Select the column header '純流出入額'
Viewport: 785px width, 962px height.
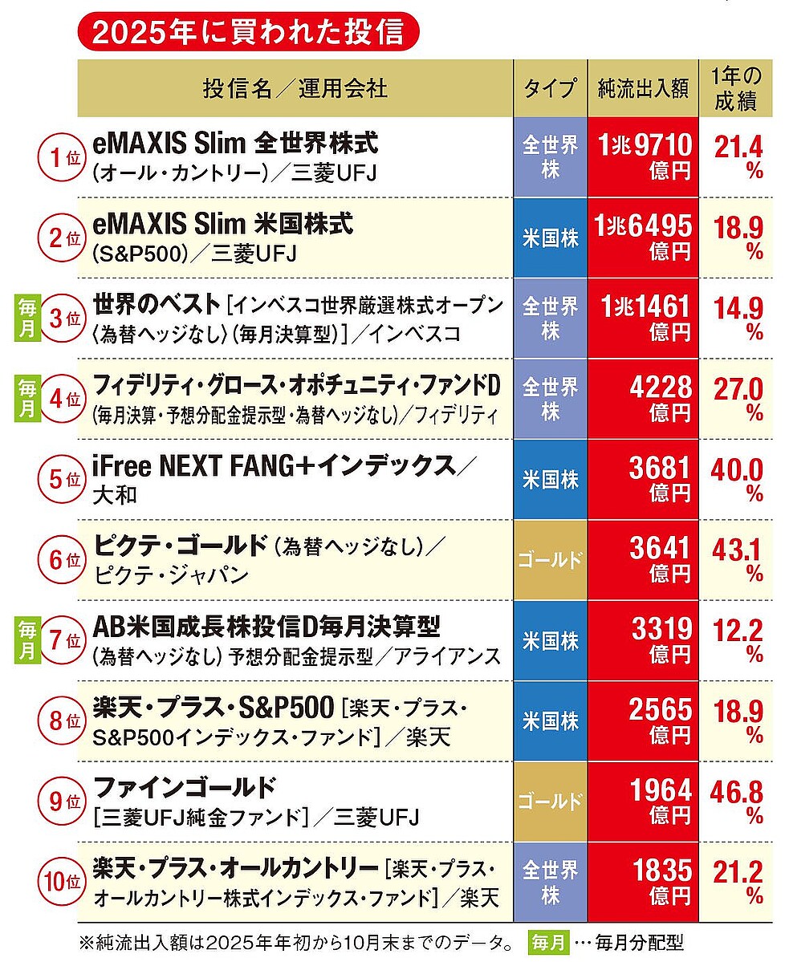[x=643, y=88]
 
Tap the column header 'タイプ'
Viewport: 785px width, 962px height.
[x=550, y=88]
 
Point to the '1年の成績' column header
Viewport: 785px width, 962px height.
[x=737, y=88]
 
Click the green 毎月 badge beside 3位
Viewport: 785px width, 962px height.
[x=27, y=319]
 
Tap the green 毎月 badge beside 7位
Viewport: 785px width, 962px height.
[x=27, y=640]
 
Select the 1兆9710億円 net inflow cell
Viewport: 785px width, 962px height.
[x=643, y=157]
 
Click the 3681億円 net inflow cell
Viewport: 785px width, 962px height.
[x=643, y=479]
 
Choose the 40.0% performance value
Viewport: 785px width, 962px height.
[x=737, y=479]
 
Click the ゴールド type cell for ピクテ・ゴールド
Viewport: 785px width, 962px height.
[x=550, y=560]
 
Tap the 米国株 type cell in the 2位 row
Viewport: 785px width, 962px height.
[x=550, y=238]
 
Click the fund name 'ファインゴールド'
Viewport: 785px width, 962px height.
[x=185, y=786]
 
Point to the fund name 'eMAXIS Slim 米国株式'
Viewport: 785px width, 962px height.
[x=223, y=224]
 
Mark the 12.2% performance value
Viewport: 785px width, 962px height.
[x=737, y=640]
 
